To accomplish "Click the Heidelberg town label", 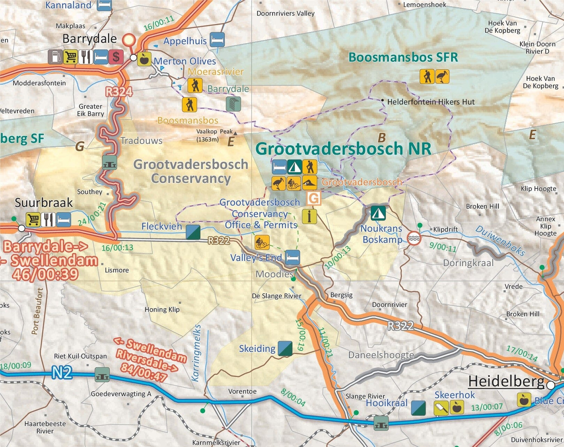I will tap(506, 381).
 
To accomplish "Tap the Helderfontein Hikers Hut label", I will tap(431, 102).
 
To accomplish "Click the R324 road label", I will tap(119, 91).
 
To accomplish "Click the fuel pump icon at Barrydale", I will tap(55, 57).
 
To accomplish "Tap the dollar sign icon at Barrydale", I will tap(116, 57).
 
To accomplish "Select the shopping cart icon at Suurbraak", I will tap(33, 220).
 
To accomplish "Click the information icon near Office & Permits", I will tap(309, 217).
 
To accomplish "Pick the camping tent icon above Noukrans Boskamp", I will tap(378, 213).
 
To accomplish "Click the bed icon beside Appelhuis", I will tap(217, 39).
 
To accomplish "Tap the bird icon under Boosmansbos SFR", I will tap(442, 76).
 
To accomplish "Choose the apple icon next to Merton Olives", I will tap(144, 59).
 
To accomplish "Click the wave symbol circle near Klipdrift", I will tap(414, 238).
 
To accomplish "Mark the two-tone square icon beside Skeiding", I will tap(285, 349).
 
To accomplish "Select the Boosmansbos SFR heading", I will tap(403, 57).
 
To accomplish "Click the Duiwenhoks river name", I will tap(500, 241).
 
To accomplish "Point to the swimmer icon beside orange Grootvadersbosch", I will tap(309, 183).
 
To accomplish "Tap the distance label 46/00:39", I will tap(45, 273).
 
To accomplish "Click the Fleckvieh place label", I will tap(161, 226).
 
